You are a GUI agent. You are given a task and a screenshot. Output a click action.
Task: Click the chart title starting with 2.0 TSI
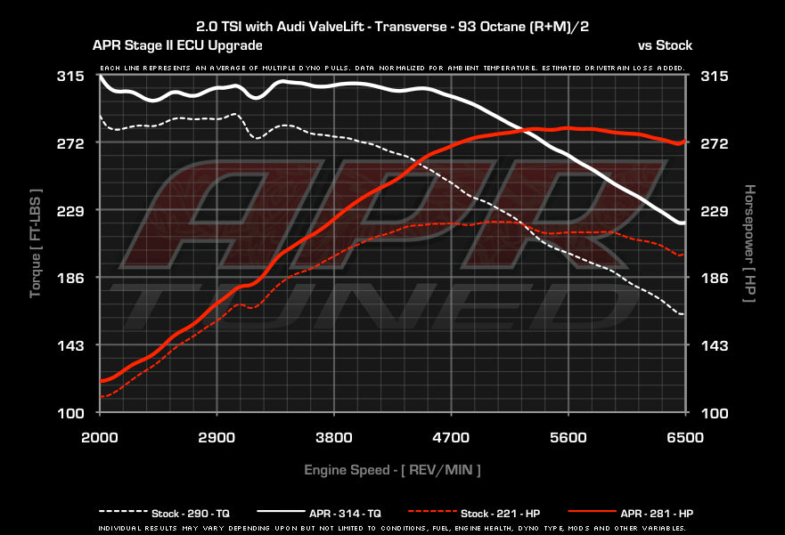click(392, 27)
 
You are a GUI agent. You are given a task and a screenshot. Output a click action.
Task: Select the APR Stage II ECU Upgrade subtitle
click(176, 45)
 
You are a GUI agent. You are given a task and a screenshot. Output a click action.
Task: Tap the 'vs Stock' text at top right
click(665, 45)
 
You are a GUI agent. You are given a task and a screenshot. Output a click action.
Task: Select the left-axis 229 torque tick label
click(71, 211)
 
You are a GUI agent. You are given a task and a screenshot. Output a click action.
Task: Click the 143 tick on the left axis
click(71, 345)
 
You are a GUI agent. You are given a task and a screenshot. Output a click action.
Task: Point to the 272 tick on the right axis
click(715, 143)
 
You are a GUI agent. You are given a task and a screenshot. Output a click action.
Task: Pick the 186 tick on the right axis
click(715, 278)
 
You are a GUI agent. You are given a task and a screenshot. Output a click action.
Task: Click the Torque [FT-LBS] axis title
click(36, 243)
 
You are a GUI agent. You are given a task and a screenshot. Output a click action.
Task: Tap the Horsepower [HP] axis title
click(749, 243)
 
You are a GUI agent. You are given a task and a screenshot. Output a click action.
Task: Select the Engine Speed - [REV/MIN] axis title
click(393, 469)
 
